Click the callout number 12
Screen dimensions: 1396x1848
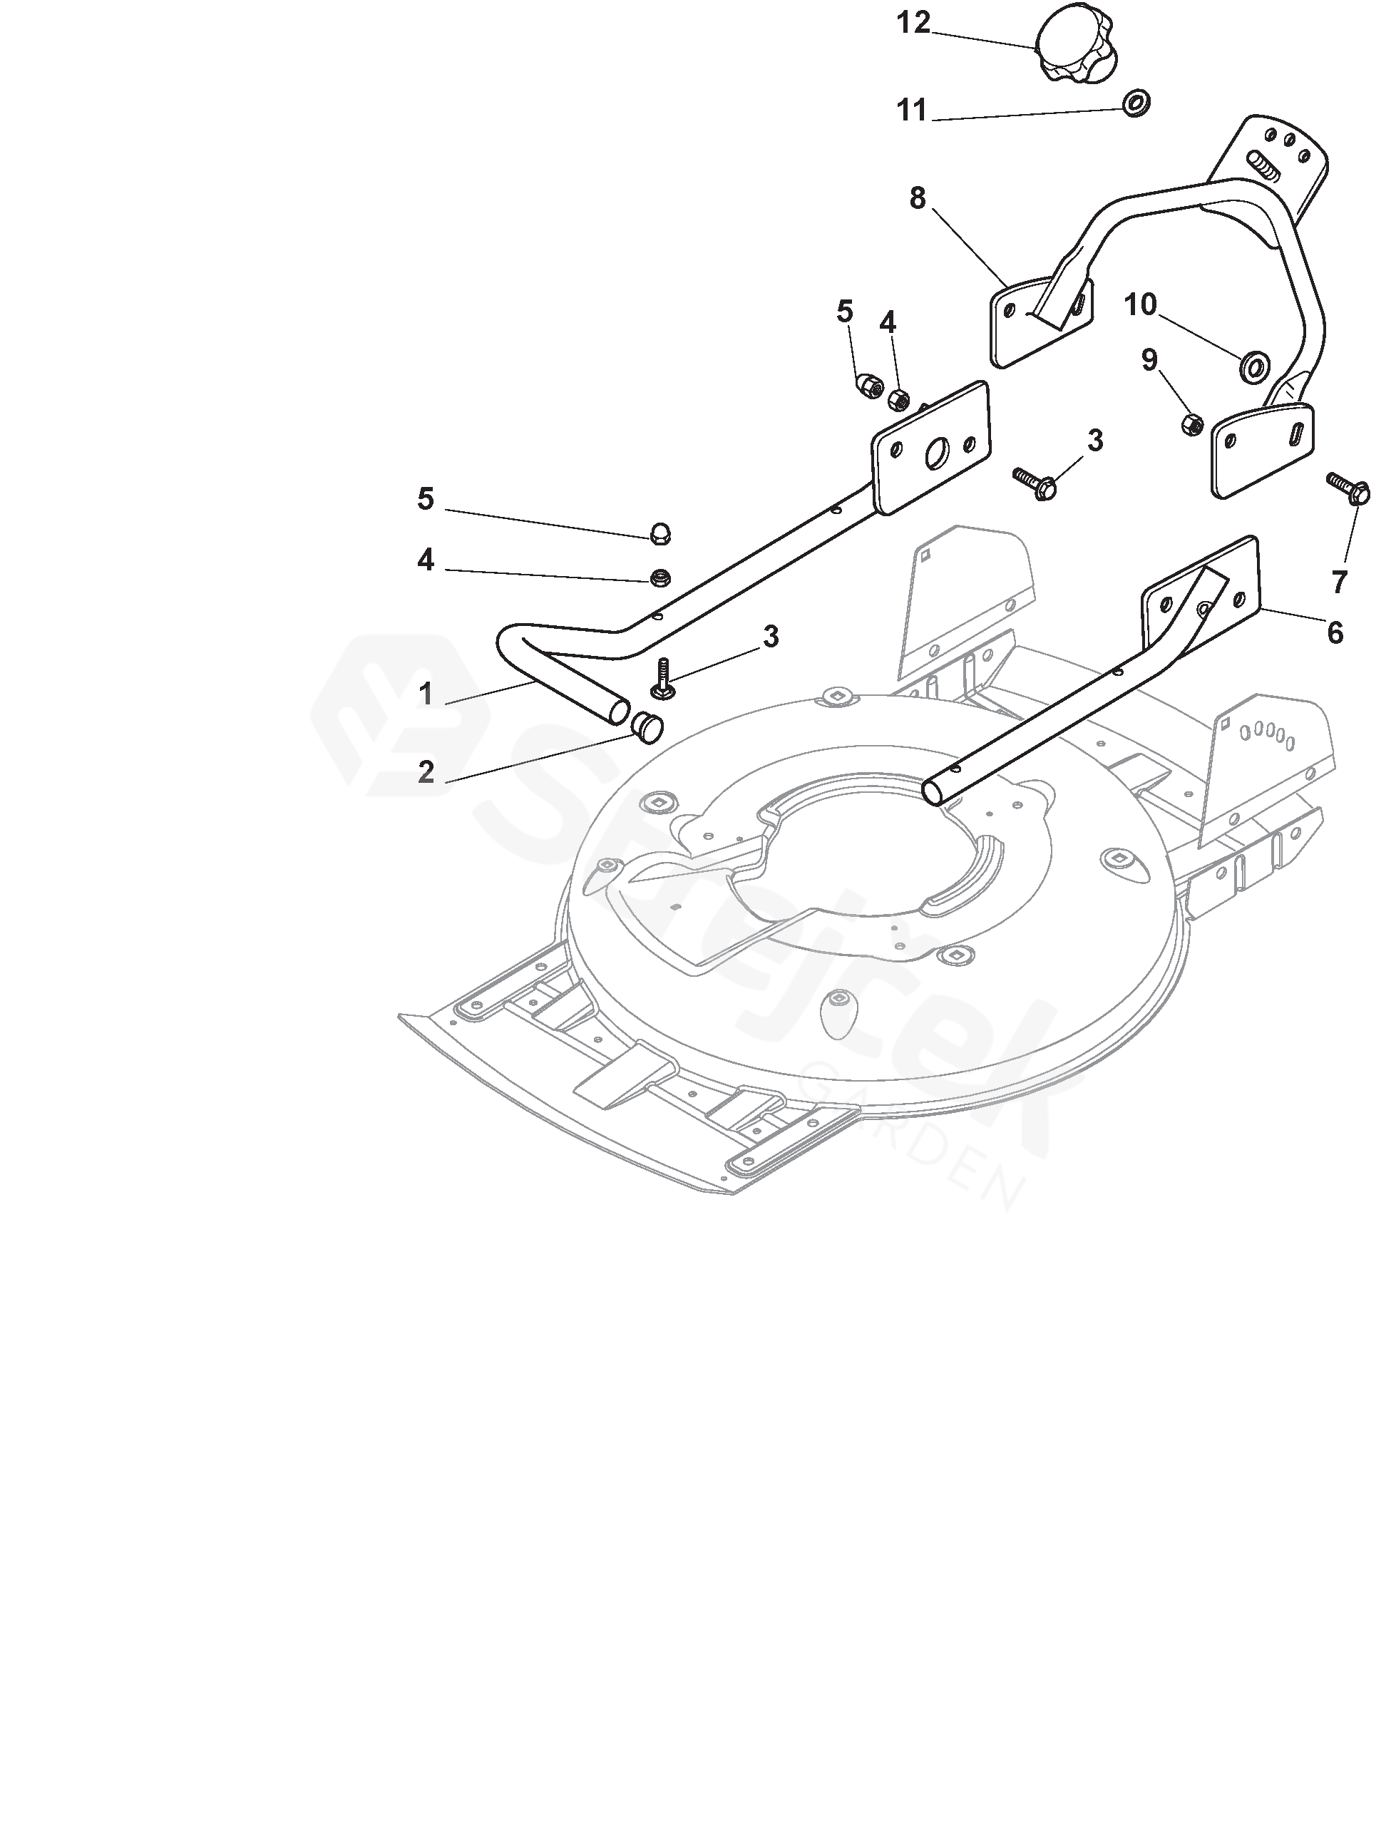(x=913, y=24)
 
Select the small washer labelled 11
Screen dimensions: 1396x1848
(x=1135, y=103)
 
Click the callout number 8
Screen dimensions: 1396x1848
(x=918, y=199)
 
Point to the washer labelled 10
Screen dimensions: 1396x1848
(x=1253, y=365)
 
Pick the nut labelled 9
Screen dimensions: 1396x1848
(x=1192, y=423)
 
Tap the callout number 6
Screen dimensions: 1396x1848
(x=1335, y=632)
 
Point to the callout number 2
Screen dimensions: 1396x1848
(x=426, y=772)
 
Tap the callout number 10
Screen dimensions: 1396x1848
(x=1139, y=306)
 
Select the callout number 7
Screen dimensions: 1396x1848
(x=1339, y=582)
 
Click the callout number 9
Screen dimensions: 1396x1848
(x=1149, y=360)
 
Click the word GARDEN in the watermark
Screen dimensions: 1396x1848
(x=910, y=1137)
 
